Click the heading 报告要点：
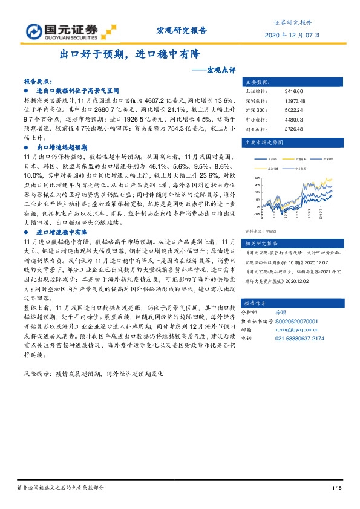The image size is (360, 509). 38,80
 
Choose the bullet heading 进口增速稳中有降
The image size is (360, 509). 63,232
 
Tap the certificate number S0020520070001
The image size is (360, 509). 305,322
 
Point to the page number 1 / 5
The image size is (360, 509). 337,488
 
